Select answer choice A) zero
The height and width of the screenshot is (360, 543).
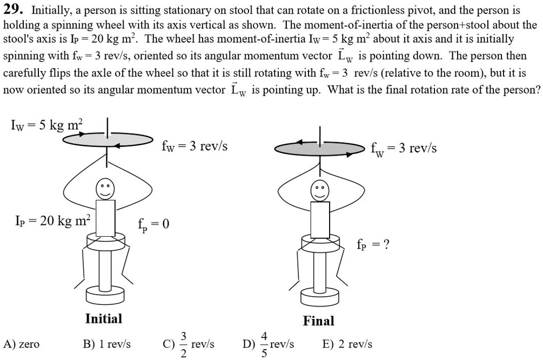[x=21, y=344]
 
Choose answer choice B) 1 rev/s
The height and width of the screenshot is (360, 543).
[x=106, y=344]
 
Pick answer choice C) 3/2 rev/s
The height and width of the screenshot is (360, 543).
[x=189, y=344]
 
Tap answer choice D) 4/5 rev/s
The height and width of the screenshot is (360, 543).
[x=269, y=344]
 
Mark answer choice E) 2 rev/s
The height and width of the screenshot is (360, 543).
[x=347, y=344]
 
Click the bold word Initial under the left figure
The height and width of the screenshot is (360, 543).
[x=104, y=318]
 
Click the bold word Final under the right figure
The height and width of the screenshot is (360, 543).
[x=319, y=321]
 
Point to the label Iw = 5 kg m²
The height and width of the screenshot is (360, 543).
[x=46, y=126]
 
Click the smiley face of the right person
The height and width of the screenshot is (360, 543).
[x=319, y=190]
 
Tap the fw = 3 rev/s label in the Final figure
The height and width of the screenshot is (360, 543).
[x=404, y=149]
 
